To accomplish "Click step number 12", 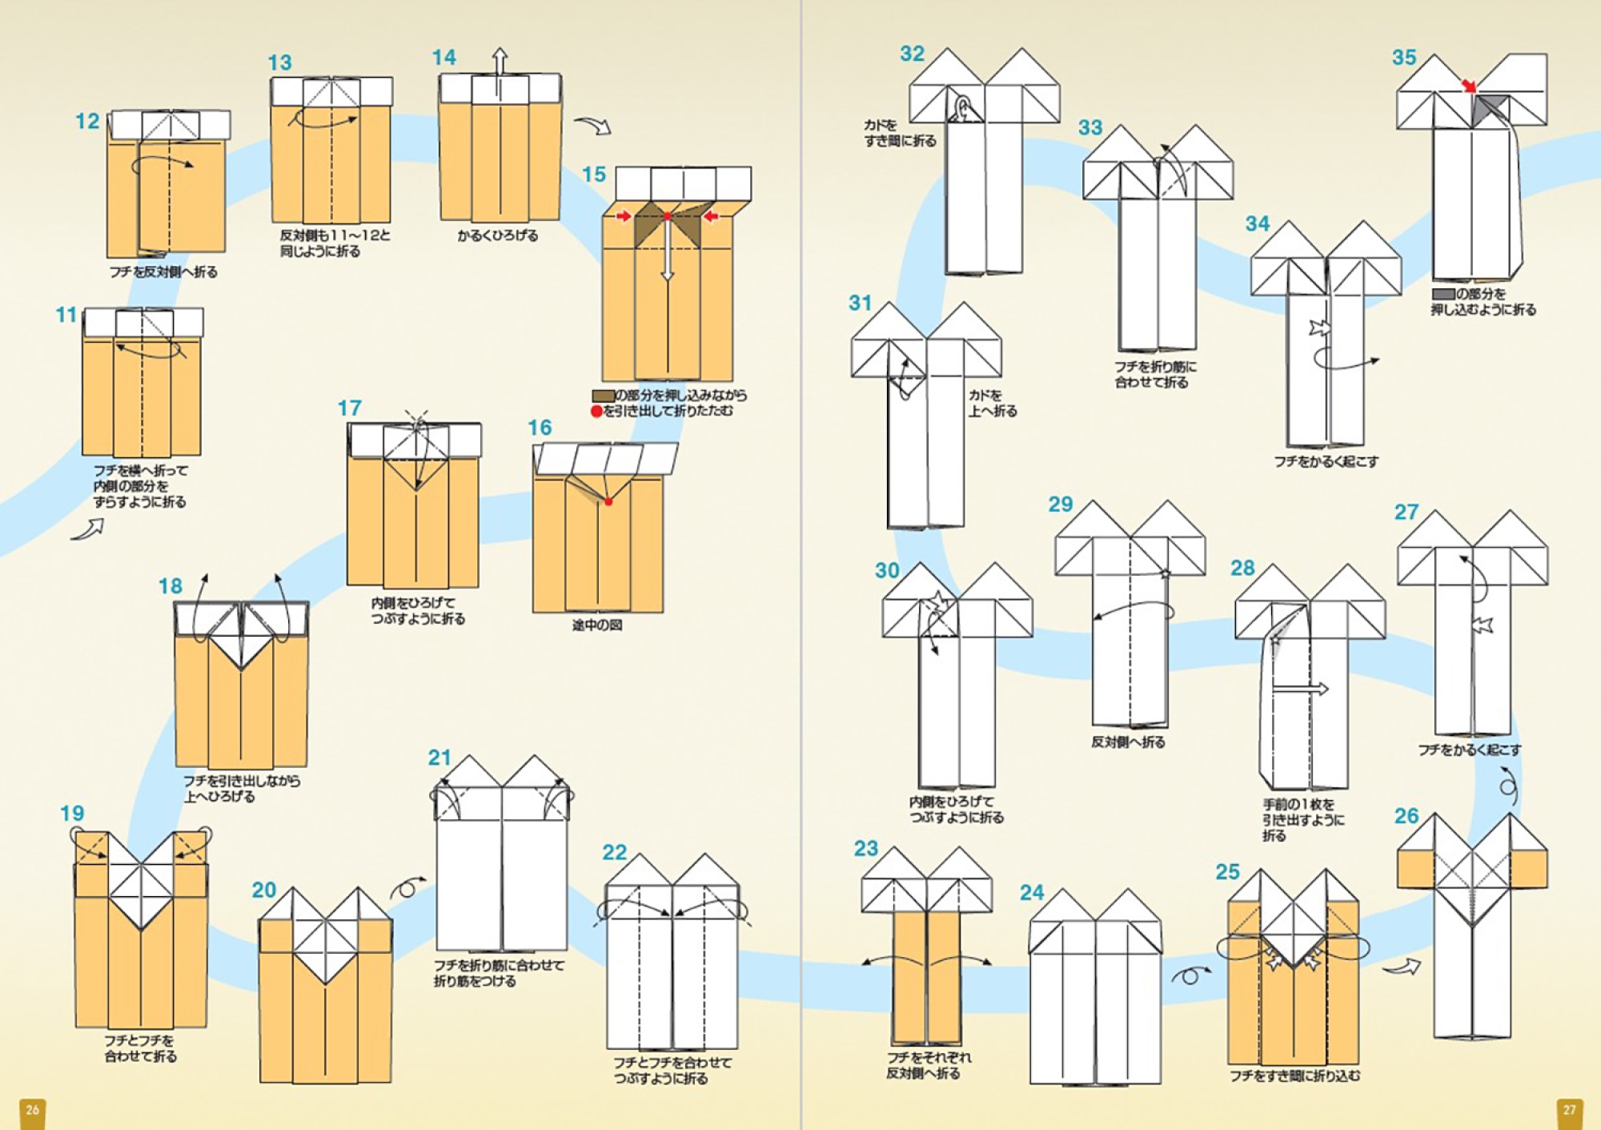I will (86, 121).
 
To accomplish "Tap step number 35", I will (1404, 58).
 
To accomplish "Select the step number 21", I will (439, 758).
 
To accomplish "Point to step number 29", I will (1061, 505).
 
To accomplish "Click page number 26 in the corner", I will (32, 1110).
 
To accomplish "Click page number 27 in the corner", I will (1569, 1110).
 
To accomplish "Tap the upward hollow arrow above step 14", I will (500, 62).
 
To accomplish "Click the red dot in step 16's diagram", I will (608, 502).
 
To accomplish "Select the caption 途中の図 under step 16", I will (597, 625).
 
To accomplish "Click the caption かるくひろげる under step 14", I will (498, 235).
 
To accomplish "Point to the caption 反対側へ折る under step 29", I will (1128, 742).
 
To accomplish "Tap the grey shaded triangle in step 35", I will (1489, 109).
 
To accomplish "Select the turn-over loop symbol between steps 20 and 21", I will (407, 888).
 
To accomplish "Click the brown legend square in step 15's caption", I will (603, 396).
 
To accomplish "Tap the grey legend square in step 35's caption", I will (1443, 294).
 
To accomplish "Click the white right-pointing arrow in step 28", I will (1300, 689).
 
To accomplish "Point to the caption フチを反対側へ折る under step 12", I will (163, 272).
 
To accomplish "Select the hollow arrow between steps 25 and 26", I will (1401, 968).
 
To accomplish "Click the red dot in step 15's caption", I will (596, 412).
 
